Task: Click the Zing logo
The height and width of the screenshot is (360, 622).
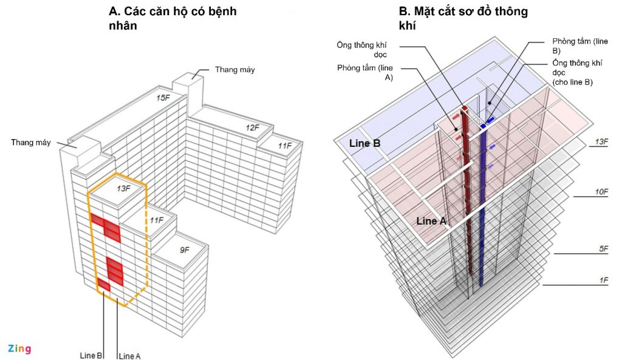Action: click(x=19, y=348)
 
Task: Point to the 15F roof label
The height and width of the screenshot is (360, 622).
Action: click(x=163, y=98)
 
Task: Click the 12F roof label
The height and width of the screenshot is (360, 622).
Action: click(x=253, y=128)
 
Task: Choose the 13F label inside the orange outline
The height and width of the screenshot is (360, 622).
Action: click(x=123, y=189)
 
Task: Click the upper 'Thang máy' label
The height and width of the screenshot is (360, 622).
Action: click(x=234, y=70)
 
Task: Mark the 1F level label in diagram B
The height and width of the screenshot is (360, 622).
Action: click(x=603, y=280)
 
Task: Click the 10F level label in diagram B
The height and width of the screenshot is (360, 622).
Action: click(x=601, y=192)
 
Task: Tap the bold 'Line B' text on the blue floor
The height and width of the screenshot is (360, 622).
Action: click(x=364, y=144)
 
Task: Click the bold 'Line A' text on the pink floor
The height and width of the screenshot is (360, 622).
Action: click(x=431, y=222)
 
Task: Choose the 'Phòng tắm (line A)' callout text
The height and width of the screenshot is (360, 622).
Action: click(x=366, y=72)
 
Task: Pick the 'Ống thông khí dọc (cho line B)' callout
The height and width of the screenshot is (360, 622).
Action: click(x=572, y=72)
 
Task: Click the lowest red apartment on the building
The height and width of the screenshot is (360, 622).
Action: click(x=104, y=284)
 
